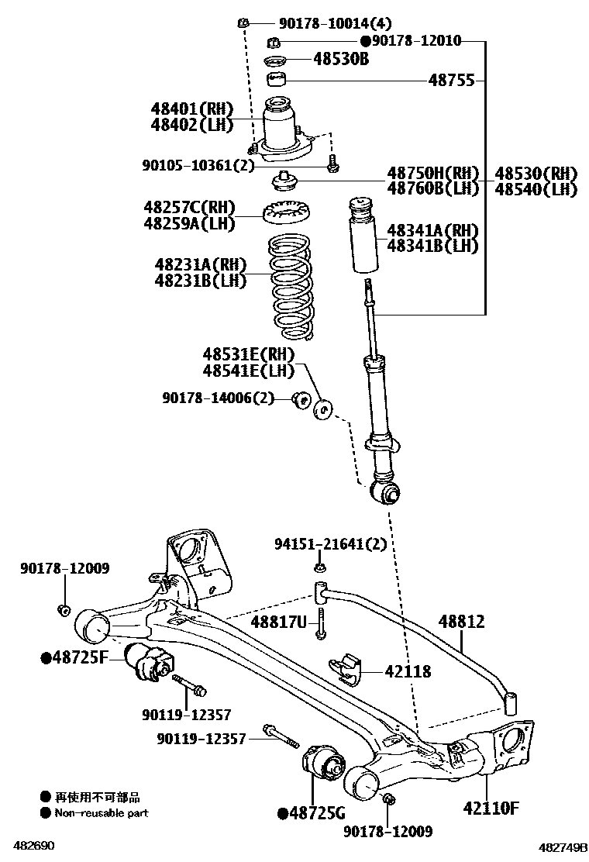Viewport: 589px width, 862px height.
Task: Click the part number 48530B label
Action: click(341, 59)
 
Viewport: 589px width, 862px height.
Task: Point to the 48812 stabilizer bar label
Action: click(461, 622)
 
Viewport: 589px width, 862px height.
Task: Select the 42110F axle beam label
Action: click(491, 809)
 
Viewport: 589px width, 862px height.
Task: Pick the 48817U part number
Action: click(278, 621)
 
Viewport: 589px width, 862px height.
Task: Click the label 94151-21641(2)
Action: click(330, 545)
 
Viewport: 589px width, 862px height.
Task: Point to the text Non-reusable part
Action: click(101, 813)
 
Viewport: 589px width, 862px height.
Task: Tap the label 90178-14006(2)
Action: click(219, 398)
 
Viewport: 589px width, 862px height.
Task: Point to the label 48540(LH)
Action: click(536, 188)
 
